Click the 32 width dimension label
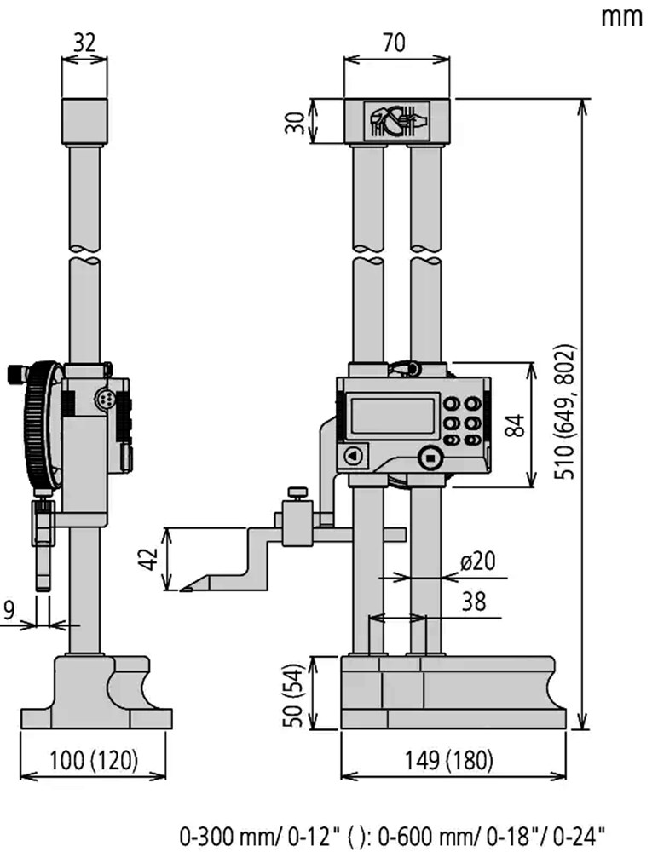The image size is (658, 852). (84, 43)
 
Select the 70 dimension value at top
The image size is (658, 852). (394, 43)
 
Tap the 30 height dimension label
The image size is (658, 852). (295, 123)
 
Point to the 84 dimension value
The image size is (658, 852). (515, 425)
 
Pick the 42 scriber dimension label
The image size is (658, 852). (148, 559)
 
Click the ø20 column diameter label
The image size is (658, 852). (478, 561)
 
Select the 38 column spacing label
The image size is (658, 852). (474, 602)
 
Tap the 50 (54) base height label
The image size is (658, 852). (292, 694)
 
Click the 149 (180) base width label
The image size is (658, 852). (448, 760)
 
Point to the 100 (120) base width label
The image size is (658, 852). (94, 760)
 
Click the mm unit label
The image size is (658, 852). (621, 17)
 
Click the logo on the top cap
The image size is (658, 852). (396, 121)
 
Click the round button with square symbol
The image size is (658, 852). (430, 458)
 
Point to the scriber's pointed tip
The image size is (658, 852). (181, 590)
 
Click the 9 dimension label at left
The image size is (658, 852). (9, 610)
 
